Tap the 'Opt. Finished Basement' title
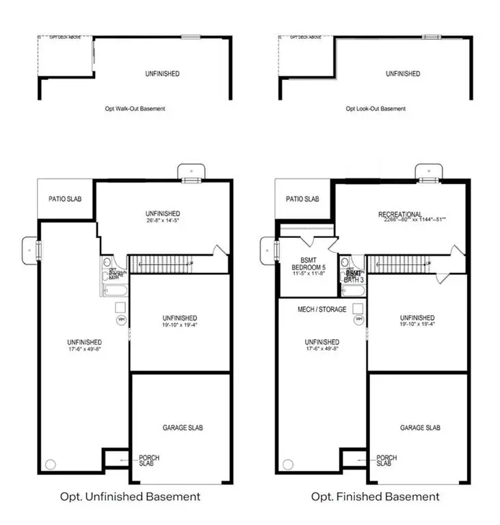pos(375,496)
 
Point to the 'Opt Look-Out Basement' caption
pos(376,109)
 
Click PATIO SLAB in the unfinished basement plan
pos(66,199)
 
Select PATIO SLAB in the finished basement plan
pos(302,199)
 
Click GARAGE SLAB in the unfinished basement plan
pos(183,428)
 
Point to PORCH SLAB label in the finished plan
pos(387,460)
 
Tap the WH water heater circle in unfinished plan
pos(121,319)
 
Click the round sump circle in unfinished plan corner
pos(50,464)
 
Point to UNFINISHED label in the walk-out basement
pos(162,74)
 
